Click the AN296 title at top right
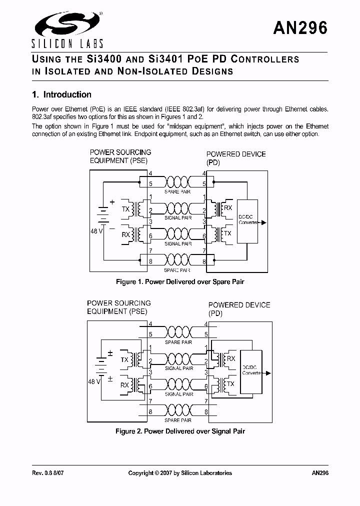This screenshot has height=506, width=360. tap(300, 28)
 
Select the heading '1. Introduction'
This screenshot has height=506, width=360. tap(61, 94)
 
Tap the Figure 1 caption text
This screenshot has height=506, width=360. tap(180, 282)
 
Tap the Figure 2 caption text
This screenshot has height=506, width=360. tap(180, 431)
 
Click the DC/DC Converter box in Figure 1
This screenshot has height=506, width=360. tap(248, 220)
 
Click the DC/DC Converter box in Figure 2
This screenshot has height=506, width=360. tap(251, 370)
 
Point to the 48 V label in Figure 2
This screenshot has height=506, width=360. tap(94, 381)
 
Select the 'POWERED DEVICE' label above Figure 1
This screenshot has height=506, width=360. tap(236, 154)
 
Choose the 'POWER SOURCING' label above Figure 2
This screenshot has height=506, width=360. tap(119, 303)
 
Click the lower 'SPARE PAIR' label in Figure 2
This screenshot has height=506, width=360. tap(179, 420)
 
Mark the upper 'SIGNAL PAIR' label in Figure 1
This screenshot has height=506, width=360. tap(178, 218)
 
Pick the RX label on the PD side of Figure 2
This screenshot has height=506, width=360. tap(231, 358)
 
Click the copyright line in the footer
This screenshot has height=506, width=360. tap(180, 473)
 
